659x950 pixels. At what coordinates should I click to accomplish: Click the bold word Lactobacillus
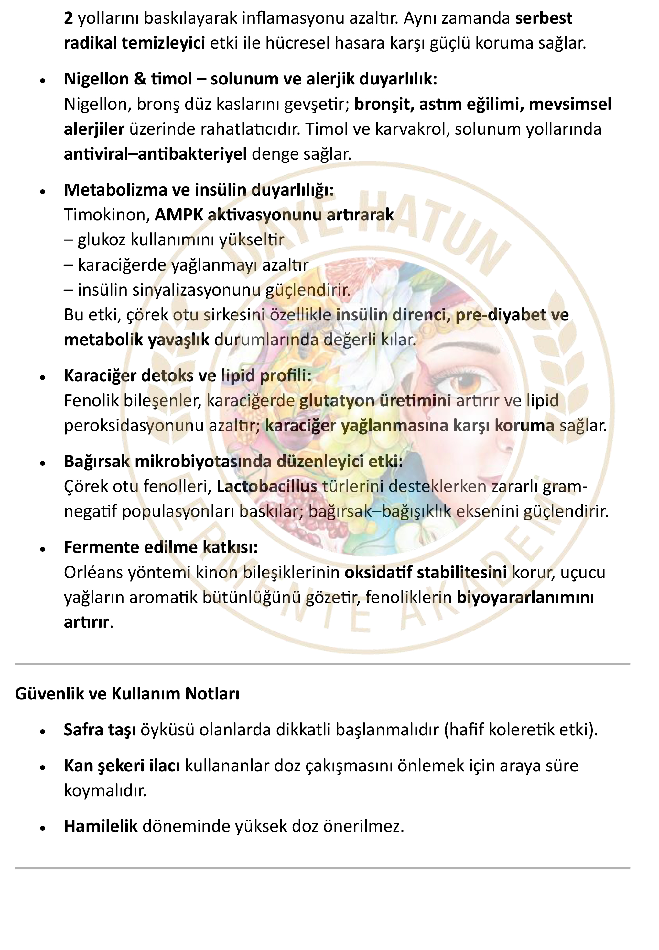point(267,486)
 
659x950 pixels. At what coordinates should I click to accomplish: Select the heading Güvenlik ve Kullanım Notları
point(127,694)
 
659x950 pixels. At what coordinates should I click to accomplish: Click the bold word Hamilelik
point(100,826)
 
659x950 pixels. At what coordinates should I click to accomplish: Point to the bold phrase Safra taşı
point(100,730)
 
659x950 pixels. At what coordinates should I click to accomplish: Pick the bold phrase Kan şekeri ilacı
point(122,766)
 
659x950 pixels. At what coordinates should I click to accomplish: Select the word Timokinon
point(106,215)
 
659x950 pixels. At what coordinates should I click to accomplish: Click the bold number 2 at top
point(68,18)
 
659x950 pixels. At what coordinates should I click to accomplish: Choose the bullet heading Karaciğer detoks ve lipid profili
point(188,375)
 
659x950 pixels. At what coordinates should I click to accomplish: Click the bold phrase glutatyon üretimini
point(375,400)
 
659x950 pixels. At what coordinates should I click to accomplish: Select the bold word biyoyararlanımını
point(525,597)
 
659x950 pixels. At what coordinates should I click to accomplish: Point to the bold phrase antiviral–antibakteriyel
point(155,154)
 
